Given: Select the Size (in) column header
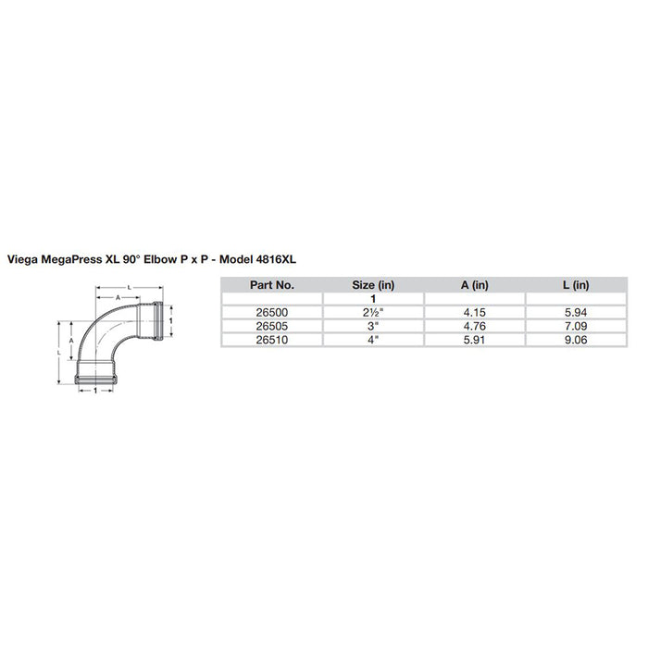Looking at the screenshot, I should click(372, 286).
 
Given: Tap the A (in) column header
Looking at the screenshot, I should click(474, 286).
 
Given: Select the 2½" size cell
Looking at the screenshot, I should click(372, 313).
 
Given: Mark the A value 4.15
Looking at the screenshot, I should click(474, 313).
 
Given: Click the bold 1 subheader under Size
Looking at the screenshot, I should click(372, 300).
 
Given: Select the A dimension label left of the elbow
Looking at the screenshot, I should click(71, 341).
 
